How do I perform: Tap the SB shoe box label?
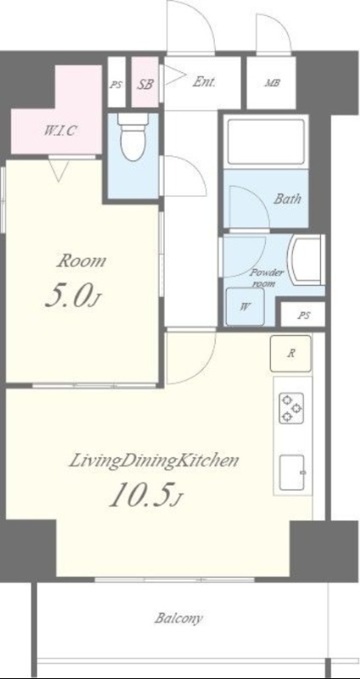pyautogui.click(x=145, y=84)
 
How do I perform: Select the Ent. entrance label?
pyautogui.click(x=205, y=81)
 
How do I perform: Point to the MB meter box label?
pyautogui.click(x=272, y=82)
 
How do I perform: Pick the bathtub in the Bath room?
pyautogui.click(x=266, y=141)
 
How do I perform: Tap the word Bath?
pyautogui.click(x=287, y=199)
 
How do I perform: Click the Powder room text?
pyautogui.click(x=267, y=278)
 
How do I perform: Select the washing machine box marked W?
pyautogui.click(x=245, y=306)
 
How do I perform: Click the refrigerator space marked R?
pyautogui.click(x=290, y=353)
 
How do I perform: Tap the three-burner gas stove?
pyautogui.click(x=290, y=407)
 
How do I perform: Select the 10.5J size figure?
pyautogui.click(x=145, y=496)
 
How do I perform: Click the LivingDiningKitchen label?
pyautogui.click(x=155, y=461)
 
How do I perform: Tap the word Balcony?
pyautogui.click(x=178, y=619)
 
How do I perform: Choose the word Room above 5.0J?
pyautogui.click(x=82, y=261)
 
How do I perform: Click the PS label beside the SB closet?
pyautogui.click(x=115, y=85)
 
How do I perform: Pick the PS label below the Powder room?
pyautogui.click(x=304, y=316)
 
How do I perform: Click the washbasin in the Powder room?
pyautogui.click(x=307, y=260)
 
